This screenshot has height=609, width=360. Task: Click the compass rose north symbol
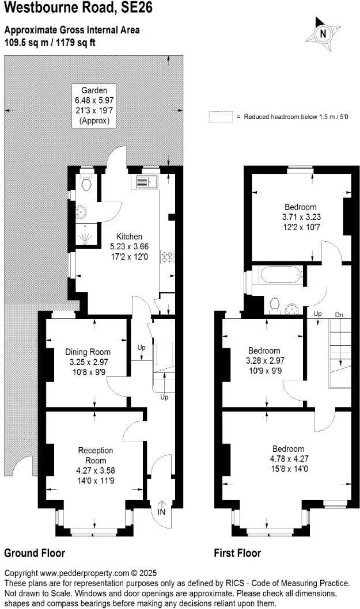tap(323, 33)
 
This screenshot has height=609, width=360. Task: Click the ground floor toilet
tap(86, 184)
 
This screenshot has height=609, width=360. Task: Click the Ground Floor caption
tap(35, 554)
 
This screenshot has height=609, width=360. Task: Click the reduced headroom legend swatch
tap(220, 116)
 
